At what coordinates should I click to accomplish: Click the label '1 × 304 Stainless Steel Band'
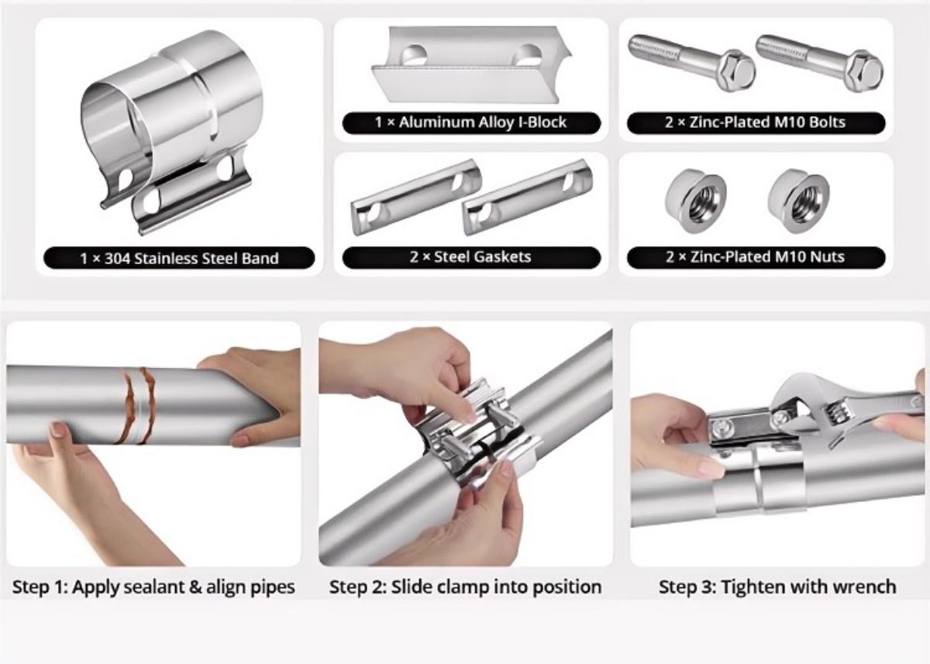coord(179,258)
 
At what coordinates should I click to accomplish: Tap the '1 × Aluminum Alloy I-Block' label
coord(471,122)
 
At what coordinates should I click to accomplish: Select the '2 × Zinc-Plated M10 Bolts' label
coord(755,122)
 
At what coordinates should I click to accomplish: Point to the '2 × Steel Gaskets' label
coord(471,257)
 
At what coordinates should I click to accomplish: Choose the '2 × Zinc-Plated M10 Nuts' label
coord(755,257)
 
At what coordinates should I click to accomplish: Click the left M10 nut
coord(695,201)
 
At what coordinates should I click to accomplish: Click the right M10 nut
coord(798,201)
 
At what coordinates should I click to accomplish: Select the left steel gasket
coord(416,198)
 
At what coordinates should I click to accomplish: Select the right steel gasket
coord(527,197)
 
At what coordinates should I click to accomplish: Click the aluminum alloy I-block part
coord(471,64)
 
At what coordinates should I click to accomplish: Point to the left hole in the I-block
coord(414,56)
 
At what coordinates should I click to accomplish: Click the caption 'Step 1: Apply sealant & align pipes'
coord(153,587)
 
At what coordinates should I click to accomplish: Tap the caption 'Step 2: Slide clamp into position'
coord(465,587)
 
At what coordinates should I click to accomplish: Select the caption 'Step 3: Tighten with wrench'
coord(777,587)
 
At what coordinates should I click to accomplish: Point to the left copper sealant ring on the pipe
coord(126,405)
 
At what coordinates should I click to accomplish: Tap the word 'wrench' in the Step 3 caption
coord(864,587)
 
